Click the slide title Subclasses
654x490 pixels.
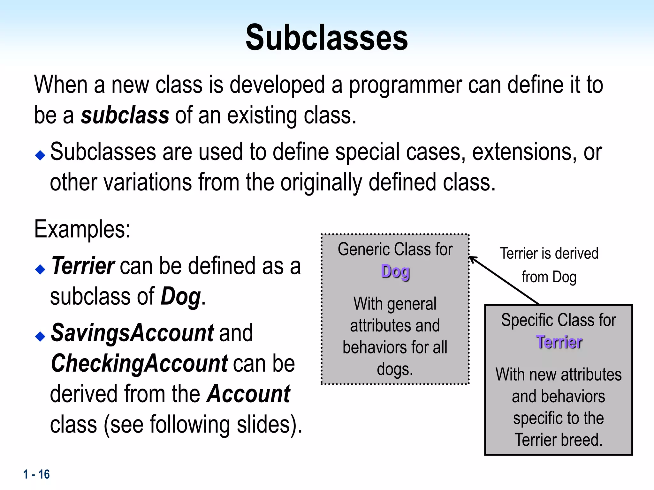(x=327, y=38)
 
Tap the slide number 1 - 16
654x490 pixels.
(x=36, y=474)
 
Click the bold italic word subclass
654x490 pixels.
(x=125, y=115)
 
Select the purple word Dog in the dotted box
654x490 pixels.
(x=395, y=272)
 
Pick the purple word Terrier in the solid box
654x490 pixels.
(x=559, y=342)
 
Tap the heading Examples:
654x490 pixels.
(x=82, y=229)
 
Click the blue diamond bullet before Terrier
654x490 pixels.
(x=40, y=269)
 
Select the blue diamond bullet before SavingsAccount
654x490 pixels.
(x=40, y=336)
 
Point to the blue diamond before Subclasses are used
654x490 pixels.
(x=40, y=155)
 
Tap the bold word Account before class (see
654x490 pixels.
(x=249, y=394)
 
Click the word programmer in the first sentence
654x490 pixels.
(x=405, y=85)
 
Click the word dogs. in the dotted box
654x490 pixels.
(x=395, y=369)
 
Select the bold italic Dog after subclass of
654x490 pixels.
(x=181, y=296)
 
